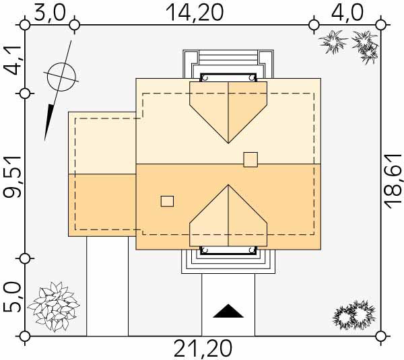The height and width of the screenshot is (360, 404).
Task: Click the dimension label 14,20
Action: [x=195, y=13]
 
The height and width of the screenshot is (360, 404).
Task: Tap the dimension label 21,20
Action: [x=203, y=348]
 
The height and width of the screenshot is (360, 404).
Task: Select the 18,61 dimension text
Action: [x=393, y=181]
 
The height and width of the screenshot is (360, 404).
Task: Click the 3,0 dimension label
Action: [x=50, y=13]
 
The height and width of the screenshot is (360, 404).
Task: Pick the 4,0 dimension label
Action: [x=347, y=13]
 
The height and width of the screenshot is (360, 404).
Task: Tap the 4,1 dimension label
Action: [x=12, y=60]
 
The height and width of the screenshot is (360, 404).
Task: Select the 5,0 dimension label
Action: [x=12, y=297]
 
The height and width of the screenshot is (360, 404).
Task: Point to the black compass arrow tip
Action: [x=45, y=141]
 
